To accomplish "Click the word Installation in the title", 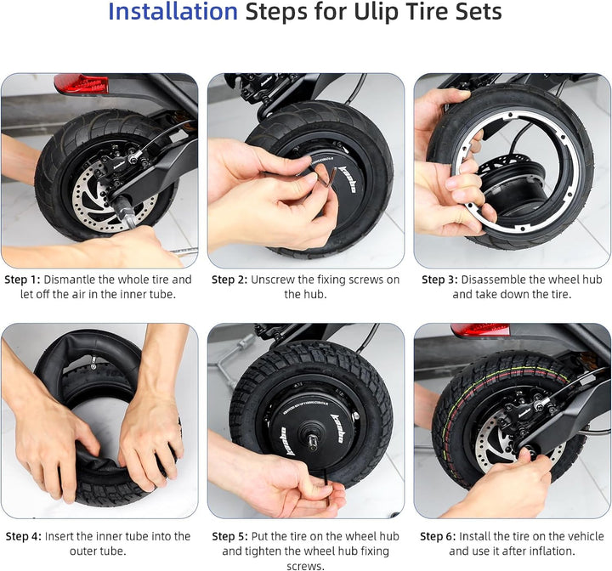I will (x=173, y=13).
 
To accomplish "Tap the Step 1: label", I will (x=22, y=280).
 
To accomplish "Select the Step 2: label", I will (x=229, y=280).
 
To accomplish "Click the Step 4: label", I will (x=22, y=536).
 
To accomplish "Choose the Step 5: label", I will (x=229, y=536).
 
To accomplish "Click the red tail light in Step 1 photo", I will (x=81, y=83).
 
